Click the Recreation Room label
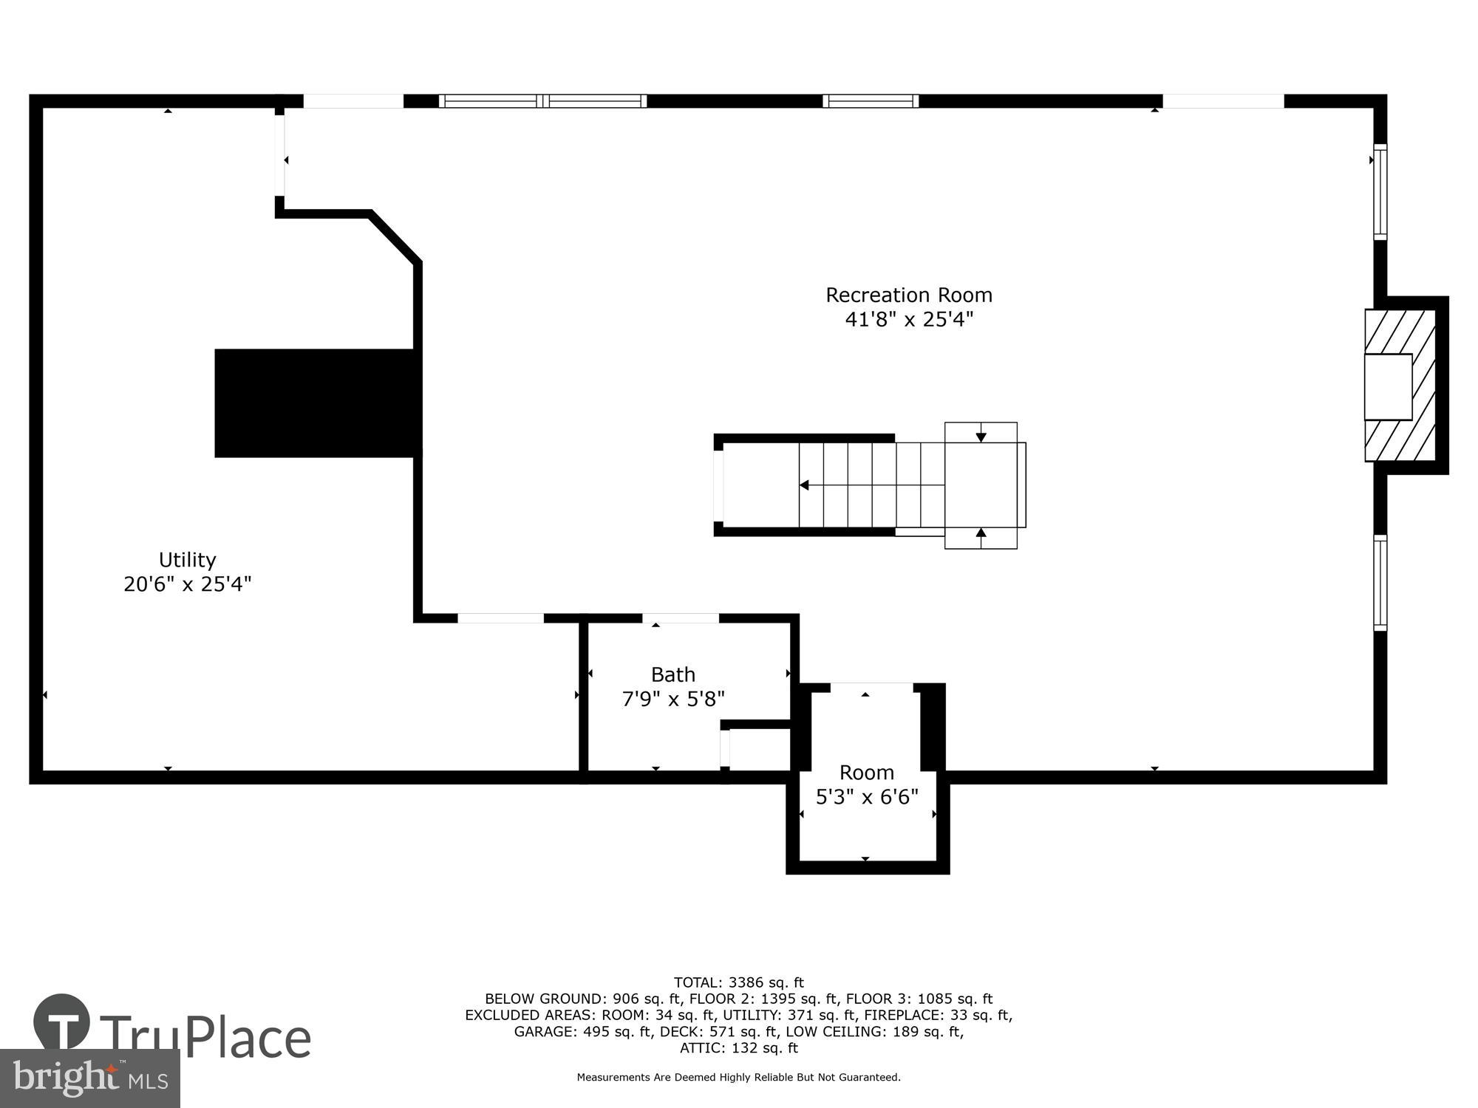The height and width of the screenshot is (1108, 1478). pos(908,295)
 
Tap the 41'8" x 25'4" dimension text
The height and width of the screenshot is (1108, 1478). pos(908,320)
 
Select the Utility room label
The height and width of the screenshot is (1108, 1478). pos(187,559)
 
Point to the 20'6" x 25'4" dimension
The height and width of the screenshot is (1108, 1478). pos(187,584)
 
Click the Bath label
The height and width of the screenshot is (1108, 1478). pos(672,674)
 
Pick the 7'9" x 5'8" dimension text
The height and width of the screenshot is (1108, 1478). pos(672,699)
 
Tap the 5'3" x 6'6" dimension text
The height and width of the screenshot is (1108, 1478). pos(866,797)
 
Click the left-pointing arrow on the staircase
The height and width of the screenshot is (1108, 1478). pos(805,485)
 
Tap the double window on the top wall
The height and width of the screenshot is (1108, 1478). pos(542,101)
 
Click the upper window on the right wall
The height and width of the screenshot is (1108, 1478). pos(1380,192)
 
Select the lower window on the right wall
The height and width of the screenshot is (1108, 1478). pos(1380,583)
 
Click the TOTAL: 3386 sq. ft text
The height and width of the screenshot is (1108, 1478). pos(738,982)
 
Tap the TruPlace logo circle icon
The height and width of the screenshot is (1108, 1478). pos(61,1023)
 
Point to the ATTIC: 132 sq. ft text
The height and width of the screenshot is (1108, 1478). pos(738,1047)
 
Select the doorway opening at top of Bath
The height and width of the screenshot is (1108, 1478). pos(680,618)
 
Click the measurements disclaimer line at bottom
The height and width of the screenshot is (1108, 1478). pos(738,1078)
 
